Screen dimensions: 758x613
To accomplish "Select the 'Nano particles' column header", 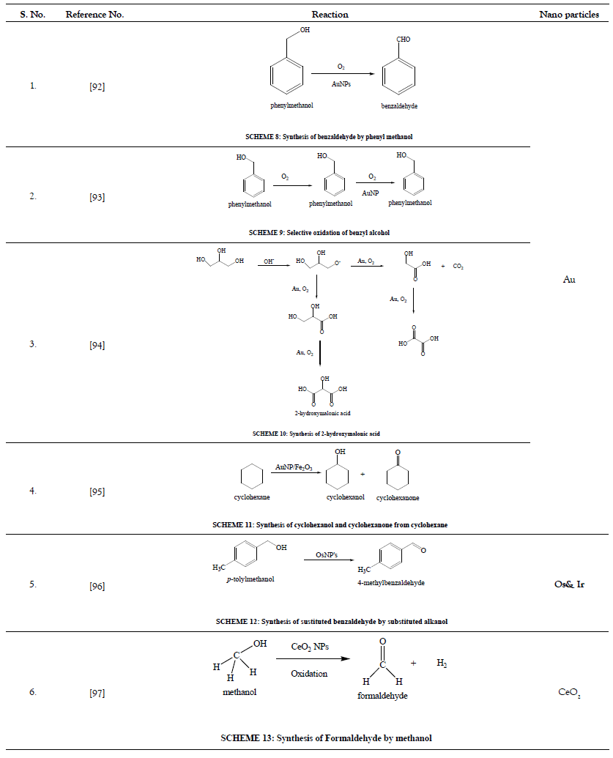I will tap(569, 14).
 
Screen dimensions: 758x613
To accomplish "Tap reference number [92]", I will tap(97, 86).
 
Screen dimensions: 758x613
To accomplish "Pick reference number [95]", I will tap(97, 491).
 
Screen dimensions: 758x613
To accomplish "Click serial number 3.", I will tap(33, 343).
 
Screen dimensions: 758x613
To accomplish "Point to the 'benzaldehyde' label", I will tap(399, 105).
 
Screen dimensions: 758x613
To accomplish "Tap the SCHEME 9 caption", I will tap(319, 232).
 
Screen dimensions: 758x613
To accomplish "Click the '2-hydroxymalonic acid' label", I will tap(317, 414).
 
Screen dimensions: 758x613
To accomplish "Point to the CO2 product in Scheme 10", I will tap(458, 266).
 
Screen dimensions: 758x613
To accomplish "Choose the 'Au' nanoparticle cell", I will tap(569, 279).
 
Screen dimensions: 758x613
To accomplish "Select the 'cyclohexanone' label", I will tap(398, 498).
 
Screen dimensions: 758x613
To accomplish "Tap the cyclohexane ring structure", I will tap(252, 476).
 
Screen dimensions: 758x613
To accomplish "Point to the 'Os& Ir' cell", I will tap(569, 584).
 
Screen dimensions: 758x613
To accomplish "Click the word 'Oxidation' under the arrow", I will tap(308, 673).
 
